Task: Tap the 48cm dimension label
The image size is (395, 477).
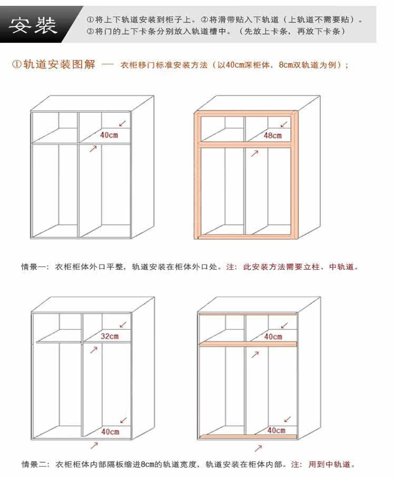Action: tap(273, 135)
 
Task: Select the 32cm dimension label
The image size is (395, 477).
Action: tap(110, 336)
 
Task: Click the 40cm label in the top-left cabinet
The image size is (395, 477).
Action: tap(108, 135)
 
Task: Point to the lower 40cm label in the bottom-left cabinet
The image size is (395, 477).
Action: tap(110, 432)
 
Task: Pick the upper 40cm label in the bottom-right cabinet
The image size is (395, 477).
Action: tap(273, 336)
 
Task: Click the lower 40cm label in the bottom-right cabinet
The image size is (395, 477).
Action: tap(276, 430)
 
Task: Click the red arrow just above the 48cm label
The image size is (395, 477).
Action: tap(284, 125)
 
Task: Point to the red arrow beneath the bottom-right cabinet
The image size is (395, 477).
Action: tap(258, 448)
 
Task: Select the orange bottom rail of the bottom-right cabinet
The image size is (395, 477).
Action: tap(248, 437)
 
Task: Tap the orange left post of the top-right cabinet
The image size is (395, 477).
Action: tap(197, 174)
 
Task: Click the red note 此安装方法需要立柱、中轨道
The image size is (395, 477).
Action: tap(301, 267)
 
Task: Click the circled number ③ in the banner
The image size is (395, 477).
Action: tap(91, 31)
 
